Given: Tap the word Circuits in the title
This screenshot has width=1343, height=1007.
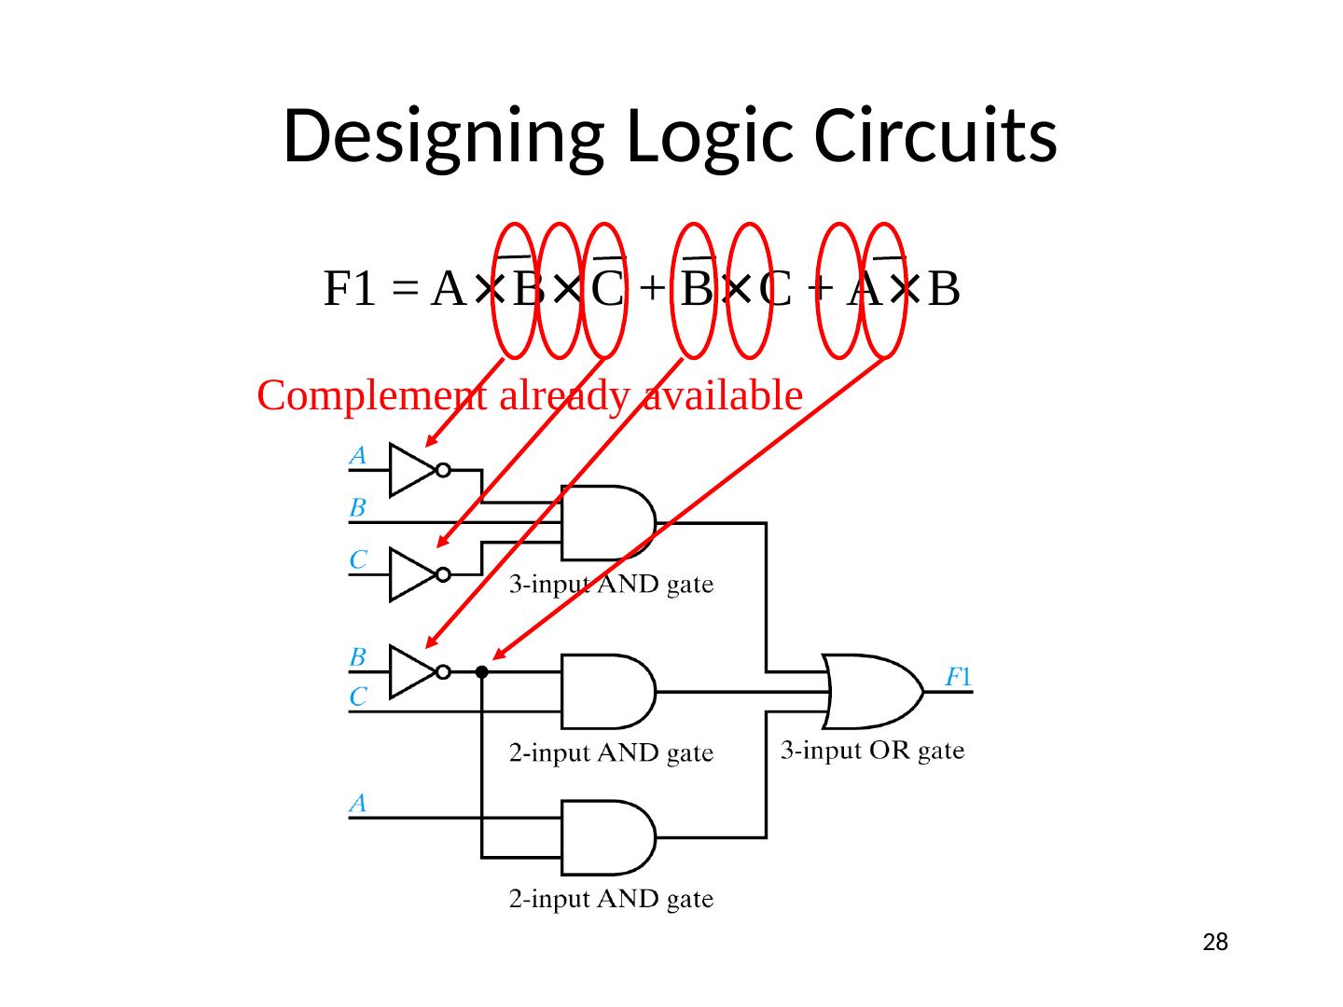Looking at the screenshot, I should pos(935,136).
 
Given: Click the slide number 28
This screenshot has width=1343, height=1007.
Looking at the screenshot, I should pos(1214,943).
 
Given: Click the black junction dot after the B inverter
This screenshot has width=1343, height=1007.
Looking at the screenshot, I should pos(481,671).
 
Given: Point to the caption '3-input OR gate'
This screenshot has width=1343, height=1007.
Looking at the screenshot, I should pos(871,751).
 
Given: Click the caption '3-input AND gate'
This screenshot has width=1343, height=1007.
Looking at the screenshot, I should pos(611,586).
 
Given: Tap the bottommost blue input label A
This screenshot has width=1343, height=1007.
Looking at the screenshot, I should pos(357,802).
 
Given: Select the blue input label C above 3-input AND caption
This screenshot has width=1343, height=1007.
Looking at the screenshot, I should pos(357,559).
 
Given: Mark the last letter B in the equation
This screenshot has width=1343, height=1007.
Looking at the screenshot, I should pos(944,289).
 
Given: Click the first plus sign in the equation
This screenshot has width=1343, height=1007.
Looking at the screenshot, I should pos(653,289).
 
